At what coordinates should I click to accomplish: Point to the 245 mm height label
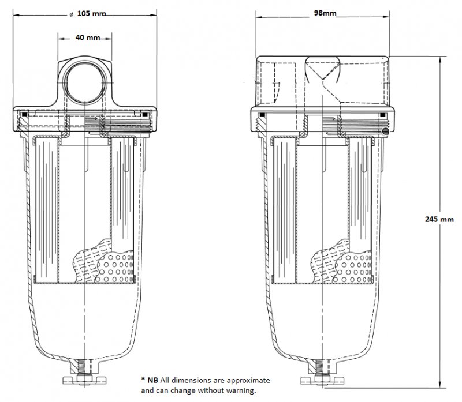point(438,219)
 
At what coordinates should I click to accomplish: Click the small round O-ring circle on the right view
point(385,132)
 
